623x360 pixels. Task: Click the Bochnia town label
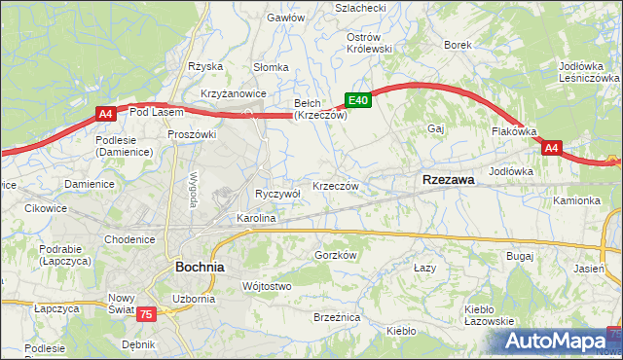coord(200,266)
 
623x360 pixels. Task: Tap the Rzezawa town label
coord(448,180)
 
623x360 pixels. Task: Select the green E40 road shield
coord(357,99)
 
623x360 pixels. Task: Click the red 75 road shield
coord(145,313)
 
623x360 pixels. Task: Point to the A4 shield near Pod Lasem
coord(106,115)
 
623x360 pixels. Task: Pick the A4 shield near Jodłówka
coord(551,148)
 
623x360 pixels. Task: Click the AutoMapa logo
coord(559,341)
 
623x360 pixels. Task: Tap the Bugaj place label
coord(520,255)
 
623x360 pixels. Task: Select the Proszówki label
coord(191,134)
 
